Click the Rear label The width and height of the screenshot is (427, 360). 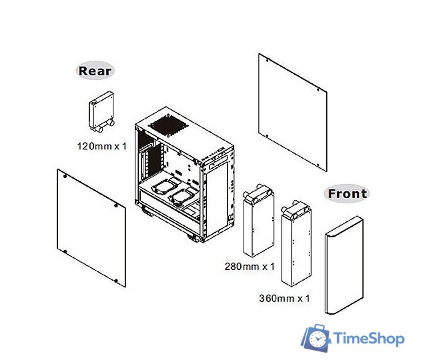pyautogui.click(x=96, y=71)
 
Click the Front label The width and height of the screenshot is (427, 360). pyautogui.click(x=347, y=194)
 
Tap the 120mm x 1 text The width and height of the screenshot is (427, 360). pyautogui.click(x=101, y=145)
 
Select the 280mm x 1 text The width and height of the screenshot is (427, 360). pyautogui.click(x=250, y=267)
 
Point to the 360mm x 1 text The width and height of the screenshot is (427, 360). pyautogui.click(x=284, y=298)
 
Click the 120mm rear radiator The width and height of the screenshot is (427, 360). pyautogui.click(x=101, y=112)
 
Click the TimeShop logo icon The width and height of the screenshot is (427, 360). pyautogui.click(x=316, y=339)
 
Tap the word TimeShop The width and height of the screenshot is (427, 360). pyautogui.click(x=368, y=339)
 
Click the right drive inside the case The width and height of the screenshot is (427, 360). pyautogui.click(x=184, y=197)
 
